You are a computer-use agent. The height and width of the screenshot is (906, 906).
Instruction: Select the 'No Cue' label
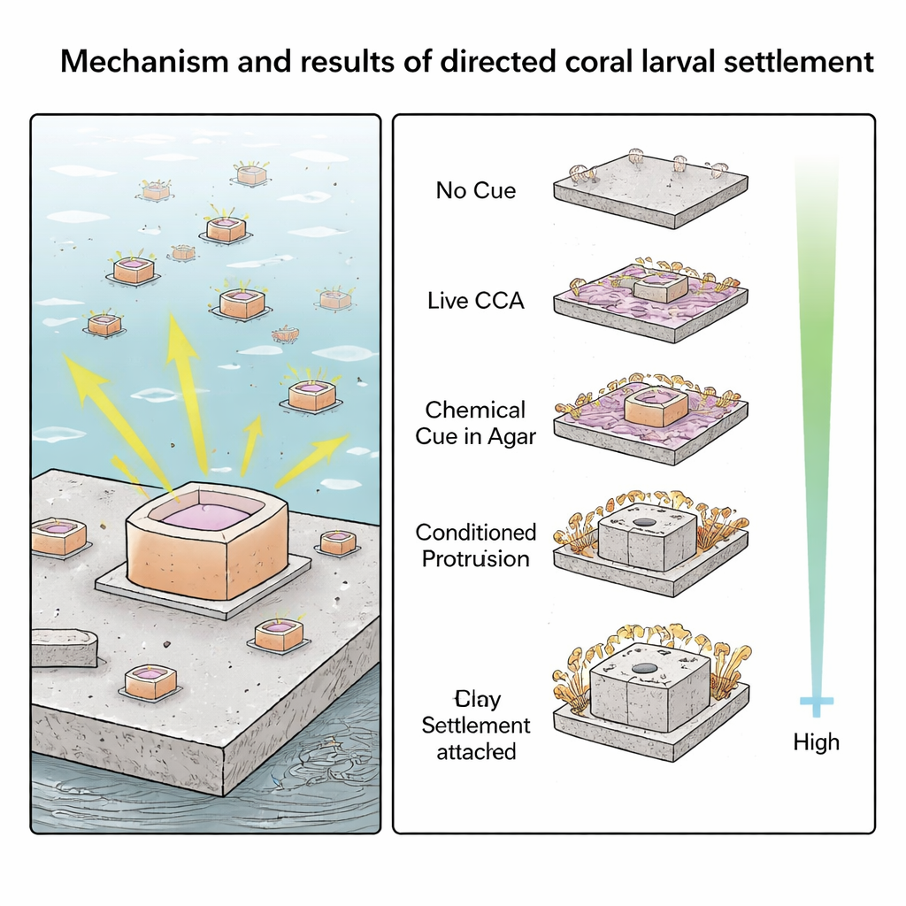(x=475, y=190)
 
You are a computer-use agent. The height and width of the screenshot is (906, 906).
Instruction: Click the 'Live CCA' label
(x=475, y=301)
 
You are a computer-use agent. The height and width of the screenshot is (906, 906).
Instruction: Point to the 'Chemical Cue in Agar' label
(x=475, y=423)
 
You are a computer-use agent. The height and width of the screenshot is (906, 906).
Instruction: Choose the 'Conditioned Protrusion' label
(x=475, y=545)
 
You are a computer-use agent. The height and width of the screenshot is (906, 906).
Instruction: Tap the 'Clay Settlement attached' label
(x=475, y=726)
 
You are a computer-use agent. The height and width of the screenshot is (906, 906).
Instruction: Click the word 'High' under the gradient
(x=816, y=741)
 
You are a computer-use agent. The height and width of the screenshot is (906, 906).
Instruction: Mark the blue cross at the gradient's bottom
(x=817, y=704)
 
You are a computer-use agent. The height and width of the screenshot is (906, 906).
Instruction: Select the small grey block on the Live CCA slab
(x=660, y=288)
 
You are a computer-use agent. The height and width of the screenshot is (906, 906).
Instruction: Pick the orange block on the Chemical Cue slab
(x=656, y=407)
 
